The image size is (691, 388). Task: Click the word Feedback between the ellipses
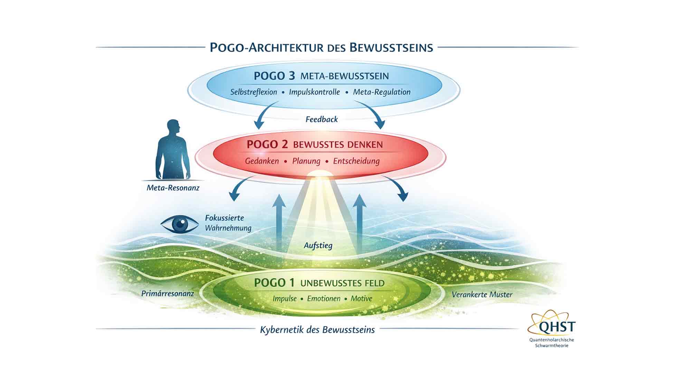point(322,119)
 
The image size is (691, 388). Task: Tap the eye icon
point(180,224)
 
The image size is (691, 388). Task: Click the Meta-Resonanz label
point(173,188)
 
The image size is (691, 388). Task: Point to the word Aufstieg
point(318,246)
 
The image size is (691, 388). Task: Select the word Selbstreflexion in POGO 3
point(254,92)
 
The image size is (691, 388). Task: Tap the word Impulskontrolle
point(314,92)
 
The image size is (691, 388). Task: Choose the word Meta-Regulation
point(382,92)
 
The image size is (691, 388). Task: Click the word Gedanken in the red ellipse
point(262,161)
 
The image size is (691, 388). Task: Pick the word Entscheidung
point(356,161)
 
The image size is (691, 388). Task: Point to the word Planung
point(306,161)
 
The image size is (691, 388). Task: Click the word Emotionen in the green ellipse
point(324,299)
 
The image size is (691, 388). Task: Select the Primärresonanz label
point(168,294)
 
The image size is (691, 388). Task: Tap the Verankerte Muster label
point(482,295)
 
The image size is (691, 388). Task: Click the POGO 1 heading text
point(319,283)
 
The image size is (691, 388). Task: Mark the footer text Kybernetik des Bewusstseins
point(317,330)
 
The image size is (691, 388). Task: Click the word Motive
point(361,299)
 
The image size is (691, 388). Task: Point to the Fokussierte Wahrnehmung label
point(228,223)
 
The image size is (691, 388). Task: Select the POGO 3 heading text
point(321,76)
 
